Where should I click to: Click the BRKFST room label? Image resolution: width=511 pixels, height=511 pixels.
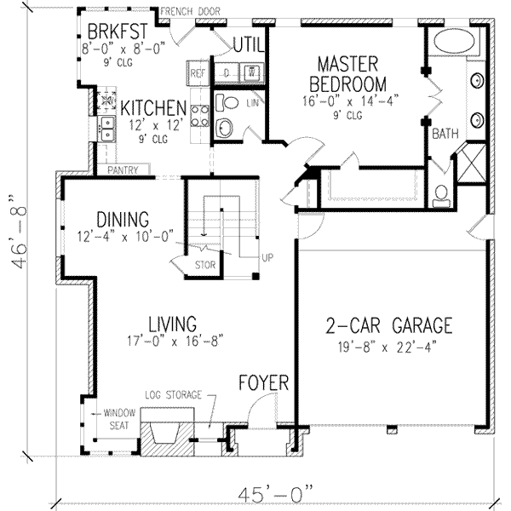tap(118, 32)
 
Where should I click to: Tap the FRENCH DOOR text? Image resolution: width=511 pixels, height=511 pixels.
tap(190, 12)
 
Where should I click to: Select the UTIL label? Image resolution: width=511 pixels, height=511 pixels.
tap(249, 44)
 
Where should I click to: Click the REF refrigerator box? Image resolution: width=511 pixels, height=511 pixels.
tap(198, 73)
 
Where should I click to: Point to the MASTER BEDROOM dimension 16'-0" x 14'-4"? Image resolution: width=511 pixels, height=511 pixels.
tap(350, 100)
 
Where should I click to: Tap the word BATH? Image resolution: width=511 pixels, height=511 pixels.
tap(445, 134)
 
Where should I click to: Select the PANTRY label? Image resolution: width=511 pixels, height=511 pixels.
tap(123, 170)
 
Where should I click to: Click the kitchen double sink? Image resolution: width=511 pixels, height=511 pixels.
tap(107, 129)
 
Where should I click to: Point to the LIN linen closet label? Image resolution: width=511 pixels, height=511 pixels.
tap(253, 103)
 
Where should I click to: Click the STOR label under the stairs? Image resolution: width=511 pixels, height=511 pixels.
tap(205, 265)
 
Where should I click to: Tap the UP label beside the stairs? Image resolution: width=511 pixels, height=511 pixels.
tap(267, 258)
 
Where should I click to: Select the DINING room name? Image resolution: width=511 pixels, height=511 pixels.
tap(123, 220)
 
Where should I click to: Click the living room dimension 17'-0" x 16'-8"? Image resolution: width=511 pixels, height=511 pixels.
tap(175, 341)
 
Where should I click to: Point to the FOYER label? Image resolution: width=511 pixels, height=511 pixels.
tap(264, 382)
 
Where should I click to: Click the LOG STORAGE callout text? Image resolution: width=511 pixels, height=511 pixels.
tap(174, 395)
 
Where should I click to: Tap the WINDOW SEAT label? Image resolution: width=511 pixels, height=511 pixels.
tap(119, 419)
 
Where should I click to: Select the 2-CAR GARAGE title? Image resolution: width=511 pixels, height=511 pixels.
tap(389, 325)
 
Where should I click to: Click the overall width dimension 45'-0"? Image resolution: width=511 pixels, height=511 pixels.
tap(275, 494)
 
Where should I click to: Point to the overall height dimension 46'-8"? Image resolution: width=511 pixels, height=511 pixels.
tap(18, 232)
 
